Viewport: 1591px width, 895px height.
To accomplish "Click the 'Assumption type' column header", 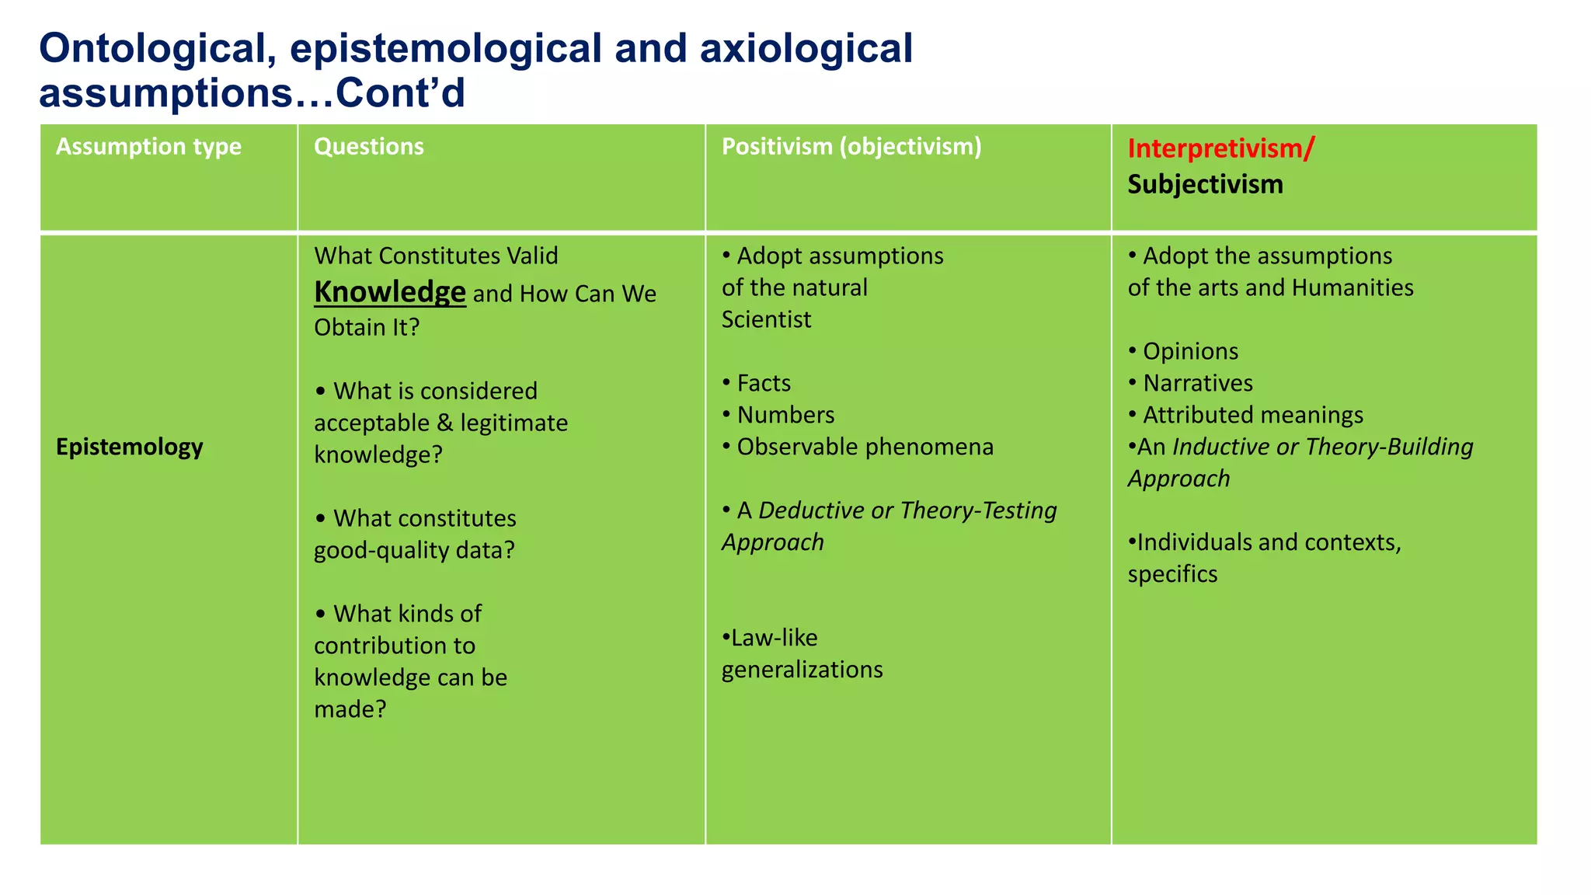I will [x=148, y=147].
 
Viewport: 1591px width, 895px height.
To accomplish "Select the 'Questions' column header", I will [x=368, y=147].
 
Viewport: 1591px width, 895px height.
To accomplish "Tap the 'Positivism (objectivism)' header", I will [x=851, y=147].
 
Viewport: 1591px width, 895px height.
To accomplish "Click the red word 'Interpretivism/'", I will [x=1220, y=148].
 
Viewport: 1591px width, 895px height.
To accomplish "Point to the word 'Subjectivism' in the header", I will [x=1205, y=184].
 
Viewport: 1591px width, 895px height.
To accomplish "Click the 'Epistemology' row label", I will [x=130, y=447].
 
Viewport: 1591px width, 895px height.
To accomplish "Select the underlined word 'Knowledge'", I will [x=389, y=292].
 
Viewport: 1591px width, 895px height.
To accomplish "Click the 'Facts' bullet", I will [x=764, y=383].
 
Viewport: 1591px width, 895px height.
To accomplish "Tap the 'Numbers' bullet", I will [x=785, y=415].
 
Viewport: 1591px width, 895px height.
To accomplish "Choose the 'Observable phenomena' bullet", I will [x=865, y=447].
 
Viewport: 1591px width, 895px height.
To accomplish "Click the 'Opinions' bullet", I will [x=1190, y=351].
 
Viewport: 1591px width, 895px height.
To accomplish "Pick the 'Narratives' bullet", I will [x=1197, y=383].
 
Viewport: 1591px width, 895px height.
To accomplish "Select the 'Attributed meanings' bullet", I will [x=1252, y=415].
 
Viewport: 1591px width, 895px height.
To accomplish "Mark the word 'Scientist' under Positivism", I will [x=766, y=319].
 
